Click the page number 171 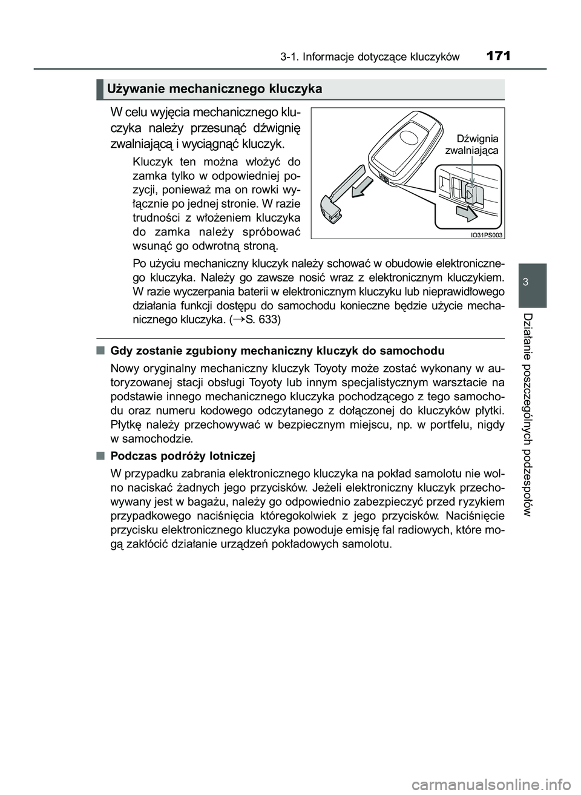(498, 56)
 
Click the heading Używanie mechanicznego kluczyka (214, 89)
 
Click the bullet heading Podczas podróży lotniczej (183, 455)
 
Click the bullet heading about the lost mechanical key (278, 351)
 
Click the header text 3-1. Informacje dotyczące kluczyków (370, 58)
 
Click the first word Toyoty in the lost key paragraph (339, 369)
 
